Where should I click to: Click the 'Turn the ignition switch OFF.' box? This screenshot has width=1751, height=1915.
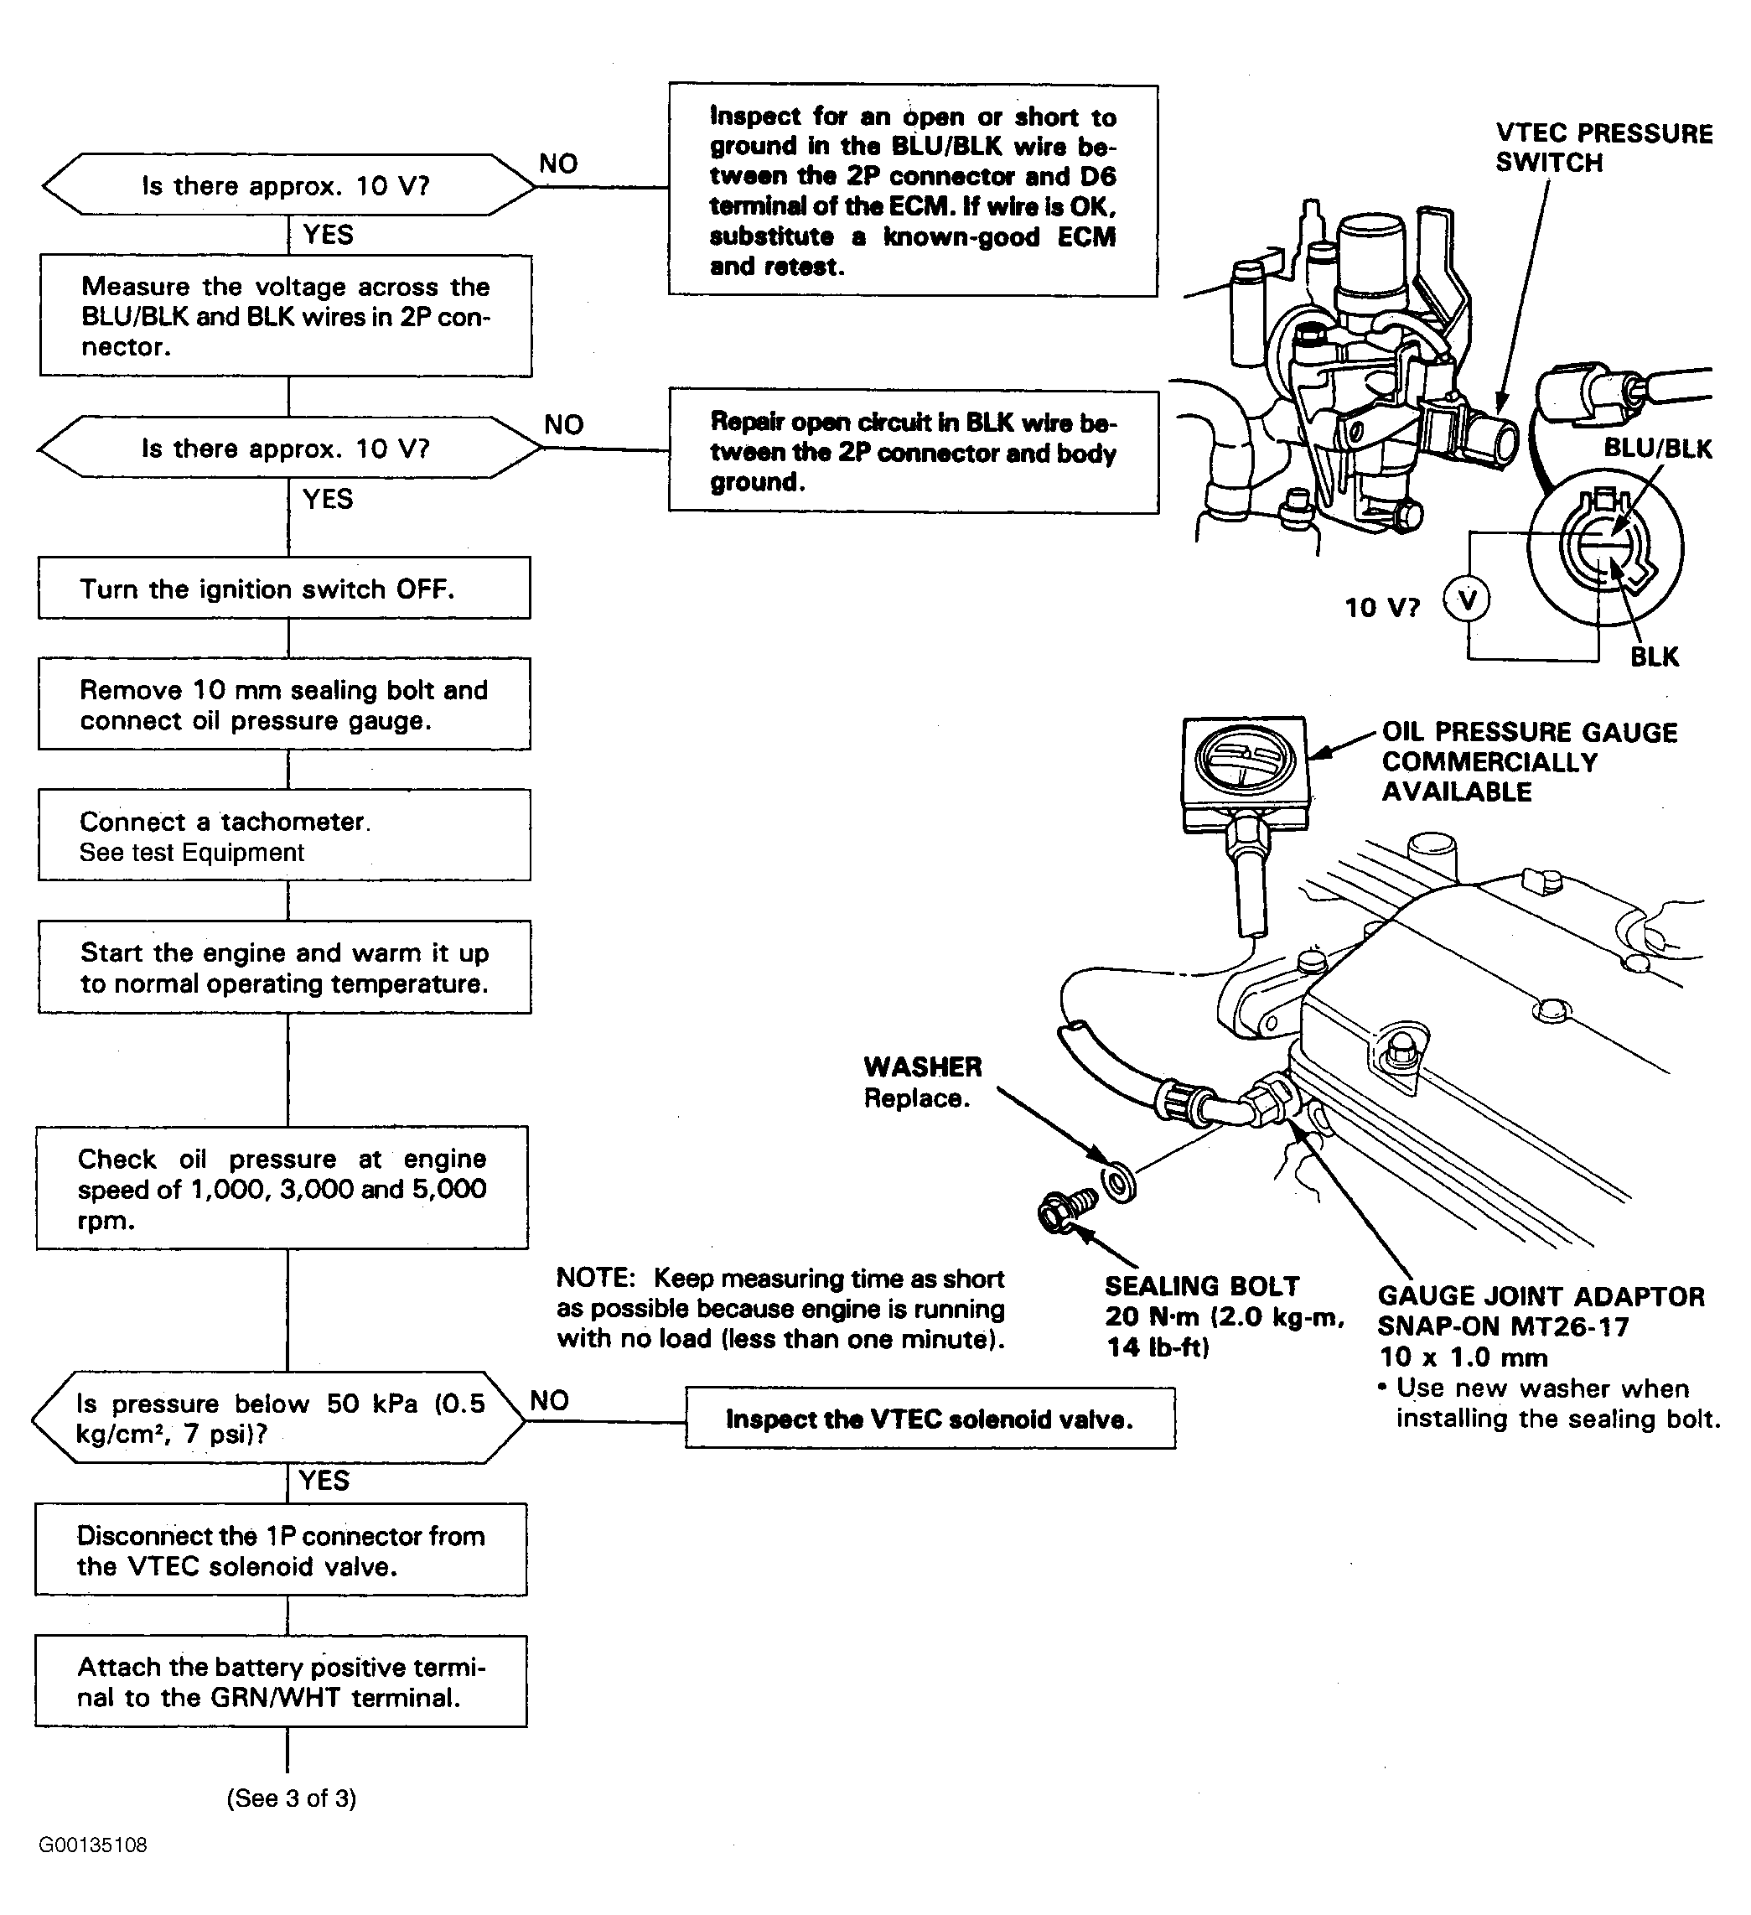click(284, 588)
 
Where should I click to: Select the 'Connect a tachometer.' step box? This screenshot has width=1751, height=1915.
click(284, 835)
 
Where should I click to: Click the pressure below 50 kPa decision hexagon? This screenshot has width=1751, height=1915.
click(278, 1417)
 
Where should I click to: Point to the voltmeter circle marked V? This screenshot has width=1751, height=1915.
click(1467, 600)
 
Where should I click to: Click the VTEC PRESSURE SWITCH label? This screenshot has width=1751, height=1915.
click(1603, 148)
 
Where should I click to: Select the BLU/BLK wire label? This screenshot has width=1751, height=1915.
click(1657, 449)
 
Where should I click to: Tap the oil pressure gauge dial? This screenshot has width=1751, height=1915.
click(1245, 760)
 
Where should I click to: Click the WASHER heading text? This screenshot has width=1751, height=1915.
click(922, 1066)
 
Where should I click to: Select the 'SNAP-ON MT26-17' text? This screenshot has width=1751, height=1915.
click(1502, 1327)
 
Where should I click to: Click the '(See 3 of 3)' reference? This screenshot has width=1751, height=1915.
click(291, 1798)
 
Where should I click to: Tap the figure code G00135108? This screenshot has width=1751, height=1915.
click(93, 1845)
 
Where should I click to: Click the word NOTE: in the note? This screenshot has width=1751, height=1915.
click(594, 1279)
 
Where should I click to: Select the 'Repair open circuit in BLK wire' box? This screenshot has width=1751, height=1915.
click(913, 452)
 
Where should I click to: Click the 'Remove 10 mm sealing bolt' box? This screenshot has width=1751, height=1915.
click(284, 704)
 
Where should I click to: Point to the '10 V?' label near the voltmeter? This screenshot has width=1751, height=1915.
click(1381, 608)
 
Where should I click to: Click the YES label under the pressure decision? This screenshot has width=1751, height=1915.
click(324, 1480)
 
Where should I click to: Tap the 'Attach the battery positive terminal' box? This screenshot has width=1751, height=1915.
click(281, 1681)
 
